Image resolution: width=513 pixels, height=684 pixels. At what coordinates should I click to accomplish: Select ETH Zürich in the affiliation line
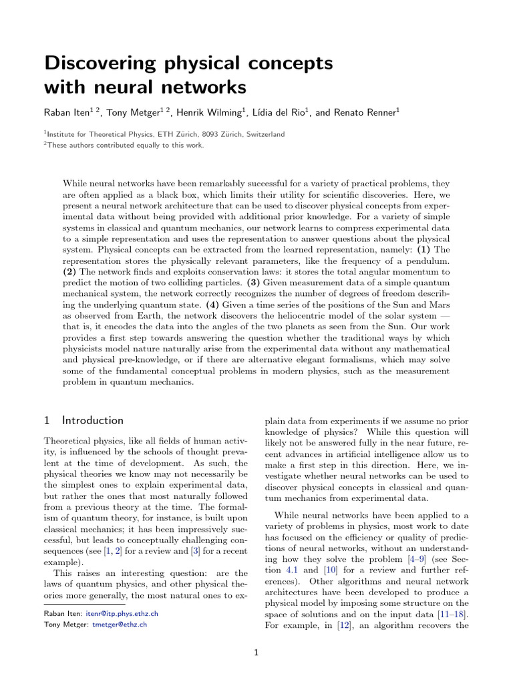(176, 134)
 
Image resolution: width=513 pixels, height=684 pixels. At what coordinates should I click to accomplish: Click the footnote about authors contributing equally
(124, 144)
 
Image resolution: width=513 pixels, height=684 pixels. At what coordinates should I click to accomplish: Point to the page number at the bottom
(256, 653)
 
